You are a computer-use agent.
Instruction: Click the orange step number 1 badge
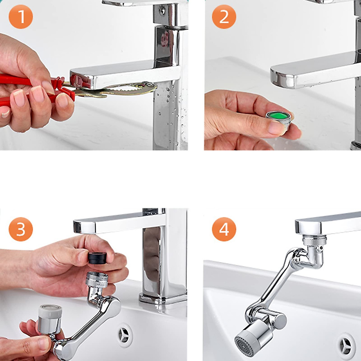[x=21, y=17]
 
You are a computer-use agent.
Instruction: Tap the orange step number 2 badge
[x=224, y=17]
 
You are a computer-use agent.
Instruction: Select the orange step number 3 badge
[x=21, y=229]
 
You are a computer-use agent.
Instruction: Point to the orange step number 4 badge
[x=224, y=229]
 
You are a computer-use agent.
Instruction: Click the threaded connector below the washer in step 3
[x=97, y=280]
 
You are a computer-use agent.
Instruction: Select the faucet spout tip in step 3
[x=83, y=227]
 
